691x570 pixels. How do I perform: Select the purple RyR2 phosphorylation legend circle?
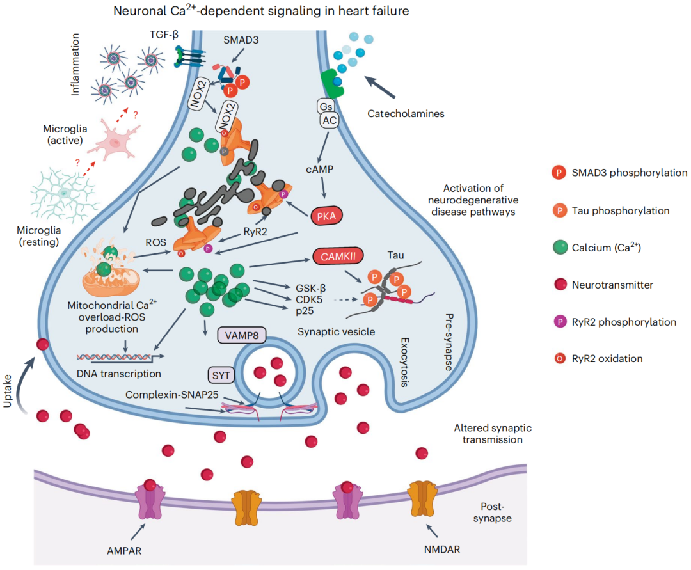click(558, 322)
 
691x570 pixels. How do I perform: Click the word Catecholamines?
click(406, 114)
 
